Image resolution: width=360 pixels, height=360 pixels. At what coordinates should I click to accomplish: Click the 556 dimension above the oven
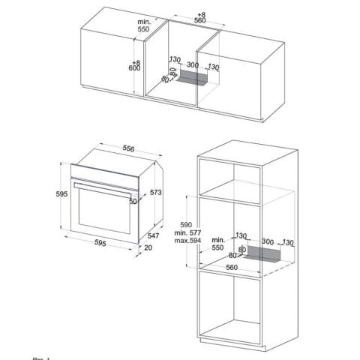[x=128, y=149]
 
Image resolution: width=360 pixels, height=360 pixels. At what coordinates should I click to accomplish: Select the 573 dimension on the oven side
[x=155, y=193]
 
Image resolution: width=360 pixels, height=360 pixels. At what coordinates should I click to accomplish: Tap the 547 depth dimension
[x=153, y=235]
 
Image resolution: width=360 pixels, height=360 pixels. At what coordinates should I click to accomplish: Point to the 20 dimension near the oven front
[x=148, y=247]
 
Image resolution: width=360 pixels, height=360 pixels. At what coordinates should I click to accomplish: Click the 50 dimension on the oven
[x=133, y=201]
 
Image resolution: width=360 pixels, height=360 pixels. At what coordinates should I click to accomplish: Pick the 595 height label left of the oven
[x=61, y=194]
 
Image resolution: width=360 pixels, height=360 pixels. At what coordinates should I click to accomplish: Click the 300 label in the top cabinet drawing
[x=193, y=65]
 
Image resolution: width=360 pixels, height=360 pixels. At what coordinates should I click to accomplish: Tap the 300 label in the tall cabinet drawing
[x=267, y=241]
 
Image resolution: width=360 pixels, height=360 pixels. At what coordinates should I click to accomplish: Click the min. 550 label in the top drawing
[x=144, y=27]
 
